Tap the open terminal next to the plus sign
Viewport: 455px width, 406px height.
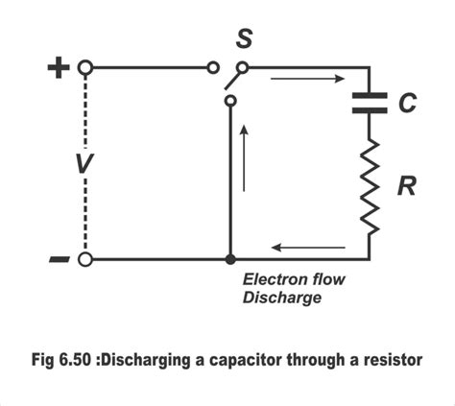(85, 68)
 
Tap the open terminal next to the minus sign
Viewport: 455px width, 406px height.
(85, 260)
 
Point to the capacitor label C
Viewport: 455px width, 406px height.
(407, 103)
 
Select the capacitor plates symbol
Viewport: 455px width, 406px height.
(369, 103)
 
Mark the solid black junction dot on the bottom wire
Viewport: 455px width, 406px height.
(229, 260)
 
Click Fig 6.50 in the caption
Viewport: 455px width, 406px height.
(60, 360)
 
